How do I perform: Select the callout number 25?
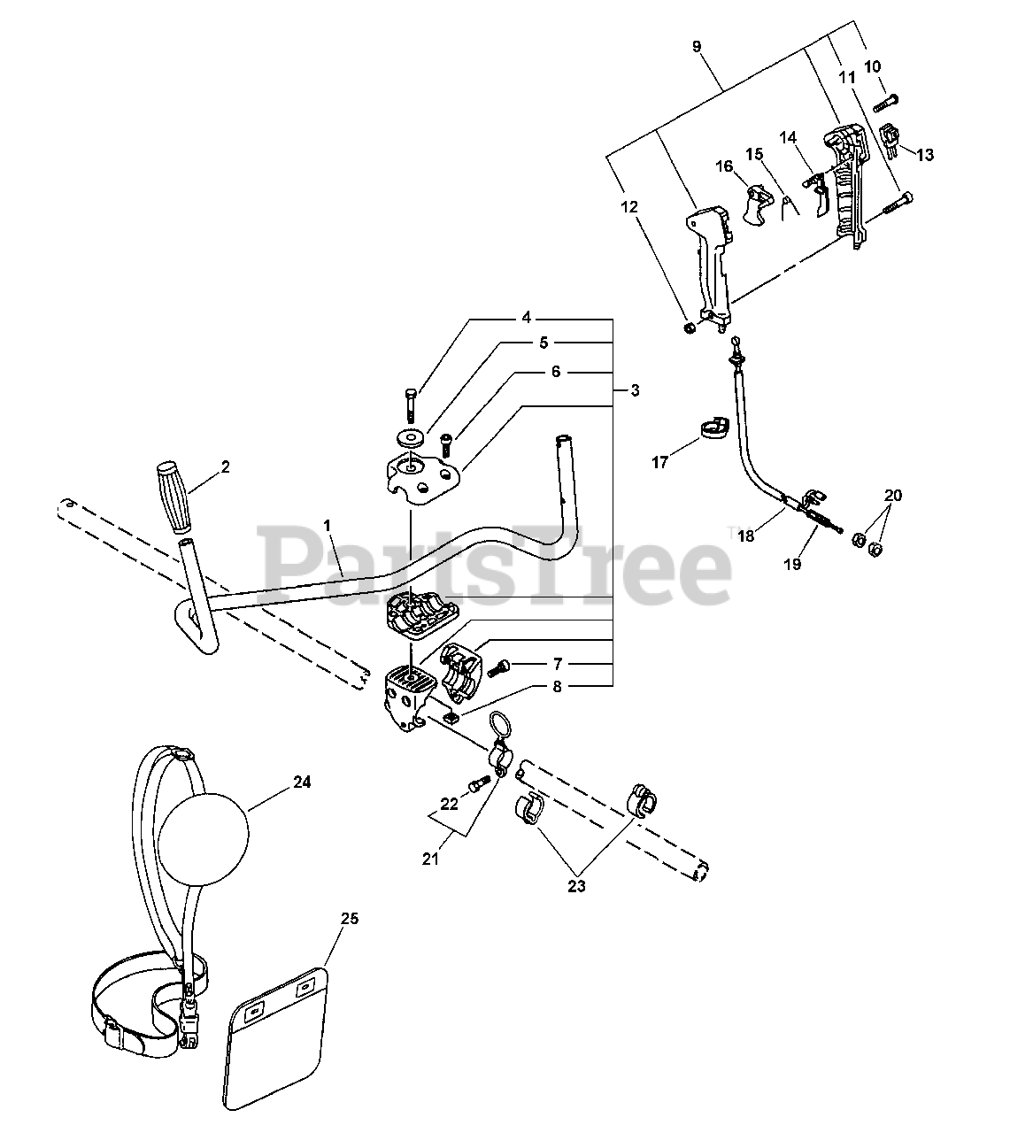pos(350,919)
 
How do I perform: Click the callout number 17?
pos(659,461)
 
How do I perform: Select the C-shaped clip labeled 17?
pos(710,429)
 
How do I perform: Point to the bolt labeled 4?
pos(413,404)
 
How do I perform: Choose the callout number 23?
pos(577,884)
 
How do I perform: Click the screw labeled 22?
pos(479,783)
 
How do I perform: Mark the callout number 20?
pos(892,496)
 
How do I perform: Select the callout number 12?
pos(629,207)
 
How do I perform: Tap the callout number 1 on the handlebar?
pos(328,525)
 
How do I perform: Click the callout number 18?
pos(745,536)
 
